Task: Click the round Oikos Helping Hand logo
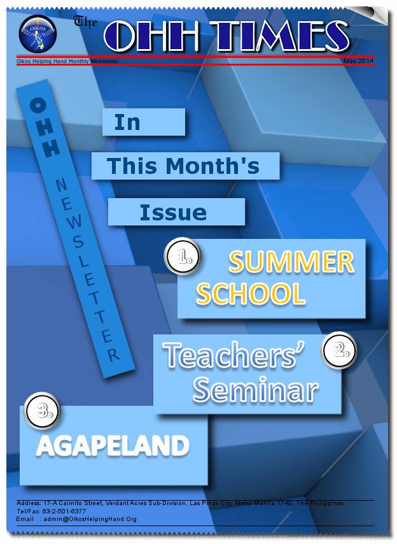[x=38, y=34]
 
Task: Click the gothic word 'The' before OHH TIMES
[x=85, y=22]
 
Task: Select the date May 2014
[x=359, y=61]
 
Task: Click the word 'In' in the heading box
[x=127, y=122]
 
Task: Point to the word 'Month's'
[x=212, y=166]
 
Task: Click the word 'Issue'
[x=173, y=212]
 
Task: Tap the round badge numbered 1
[x=183, y=256]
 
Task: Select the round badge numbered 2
[x=339, y=350]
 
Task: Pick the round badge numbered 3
[x=42, y=411]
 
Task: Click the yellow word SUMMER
[x=291, y=262]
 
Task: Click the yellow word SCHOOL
[x=251, y=294]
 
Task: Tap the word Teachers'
[x=233, y=355]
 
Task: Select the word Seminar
[x=256, y=390]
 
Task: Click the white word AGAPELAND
[x=113, y=446]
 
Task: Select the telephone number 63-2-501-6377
[x=64, y=511]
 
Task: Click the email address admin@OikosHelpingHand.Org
[x=90, y=519]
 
